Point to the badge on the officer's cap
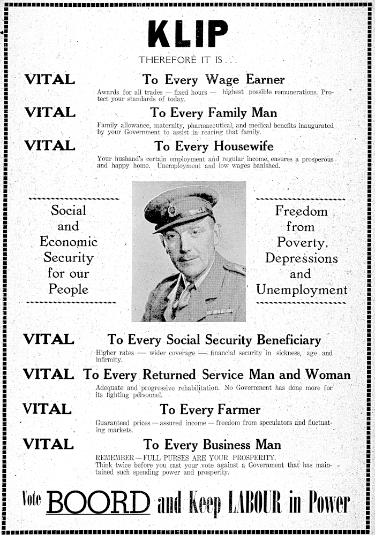coord(172,210)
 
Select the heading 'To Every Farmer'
coord(211,410)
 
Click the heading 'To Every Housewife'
coord(214,146)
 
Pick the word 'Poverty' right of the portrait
coord(299,243)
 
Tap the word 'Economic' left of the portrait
coord(69,242)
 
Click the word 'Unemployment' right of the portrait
coord(302,291)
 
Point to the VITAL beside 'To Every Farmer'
coord(47,410)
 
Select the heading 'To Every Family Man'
coord(214,113)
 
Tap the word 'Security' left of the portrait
coord(69,258)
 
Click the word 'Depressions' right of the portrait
coord(302,258)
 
